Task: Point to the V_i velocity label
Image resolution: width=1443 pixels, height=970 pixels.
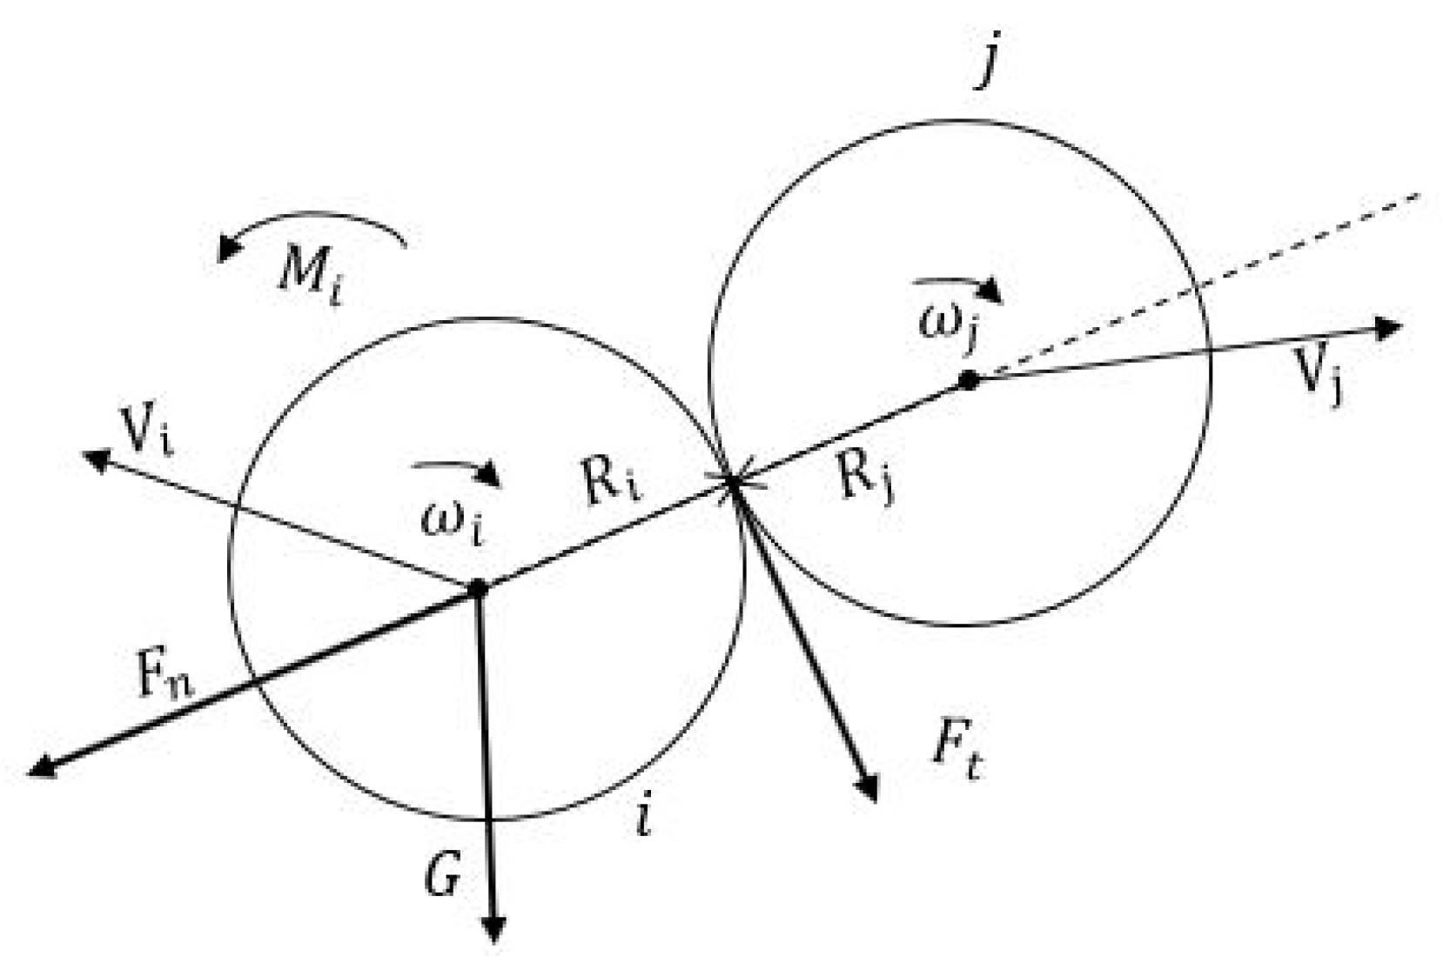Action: pyautogui.click(x=147, y=433)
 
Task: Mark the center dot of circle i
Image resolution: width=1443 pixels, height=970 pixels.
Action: pyautogui.click(x=478, y=588)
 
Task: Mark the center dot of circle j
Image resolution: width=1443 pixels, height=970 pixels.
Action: pyautogui.click(x=967, y=380)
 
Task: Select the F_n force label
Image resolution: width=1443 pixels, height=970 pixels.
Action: pyautogui.click(x=166, y=678)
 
